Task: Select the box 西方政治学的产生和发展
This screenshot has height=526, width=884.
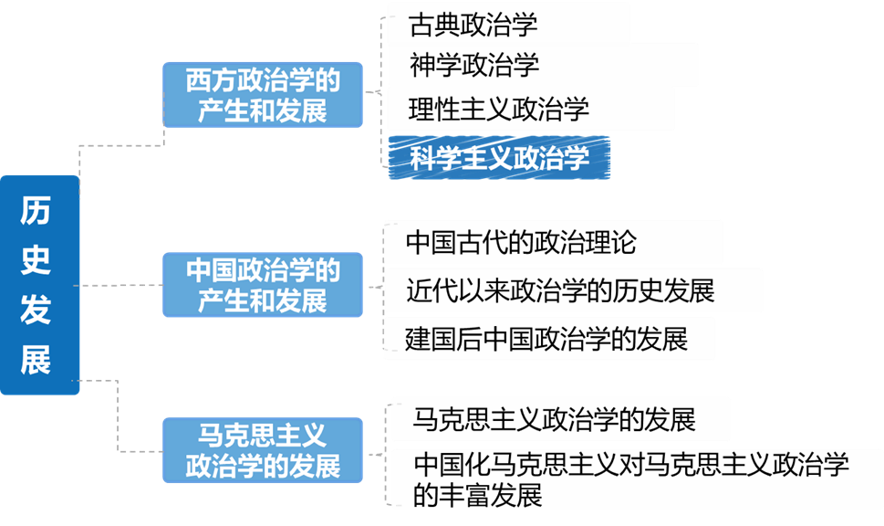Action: pyautogui.click(x=263, y=95)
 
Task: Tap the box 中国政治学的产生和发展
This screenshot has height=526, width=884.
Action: pyautogui.click(x=263, y=285)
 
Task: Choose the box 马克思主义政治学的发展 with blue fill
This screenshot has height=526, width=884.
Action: pyautogui.click(x=263, y=450)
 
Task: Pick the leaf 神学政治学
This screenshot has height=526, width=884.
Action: pyautogui.click(x=542, y=65)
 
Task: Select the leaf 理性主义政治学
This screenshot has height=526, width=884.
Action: pyautogui.click(x=530, y=110)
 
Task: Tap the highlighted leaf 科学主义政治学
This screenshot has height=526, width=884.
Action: pyautogui.click(x=499, y=158)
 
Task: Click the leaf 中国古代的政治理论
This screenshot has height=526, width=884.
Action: pyautogui.click(x=553, y=243)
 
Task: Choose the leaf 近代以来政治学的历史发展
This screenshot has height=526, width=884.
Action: pyautogui.click(x=573, y=290)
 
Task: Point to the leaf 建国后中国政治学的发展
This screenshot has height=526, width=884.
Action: pyautogui.click(x=549, y=339)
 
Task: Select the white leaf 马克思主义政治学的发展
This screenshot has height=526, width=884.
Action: pyautogui.click(x=560, y=419)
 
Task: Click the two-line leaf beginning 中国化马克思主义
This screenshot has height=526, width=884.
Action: pyautogui.click(x=629, y=479)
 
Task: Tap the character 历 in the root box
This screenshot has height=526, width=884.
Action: pyautogui.click(x=36, y=211)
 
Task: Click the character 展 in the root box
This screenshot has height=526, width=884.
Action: pyautogui.click(x=36, y=360)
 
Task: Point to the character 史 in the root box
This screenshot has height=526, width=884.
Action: pyautogui.click(x=36, y=261)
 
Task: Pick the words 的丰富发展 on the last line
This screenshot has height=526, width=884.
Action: pyautogui.click(x=478, y=495)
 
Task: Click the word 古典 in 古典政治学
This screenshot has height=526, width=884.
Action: pyautogui.click(x=432, y=24)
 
